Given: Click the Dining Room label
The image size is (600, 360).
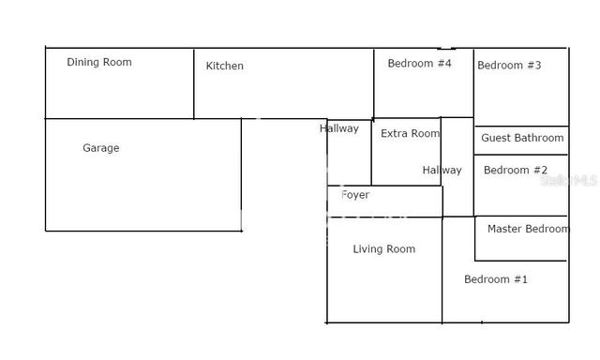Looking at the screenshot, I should pyautogui.click(x=99, y=63).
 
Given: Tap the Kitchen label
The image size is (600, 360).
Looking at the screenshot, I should pyautogui.click(x=225, y=66).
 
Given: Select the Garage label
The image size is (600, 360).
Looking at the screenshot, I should pyautogui.click(x=101, y=148).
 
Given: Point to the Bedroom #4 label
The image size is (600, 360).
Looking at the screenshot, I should pyautogui.click(x=420, y=63).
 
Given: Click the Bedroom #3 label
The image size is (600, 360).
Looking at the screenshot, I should pyautogui.click(x=509, y=66).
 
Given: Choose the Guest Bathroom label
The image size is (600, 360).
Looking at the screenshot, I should pyautogui.click(x=522, y=138).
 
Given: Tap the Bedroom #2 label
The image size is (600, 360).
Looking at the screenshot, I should pyautogui.click(x=516, y=170).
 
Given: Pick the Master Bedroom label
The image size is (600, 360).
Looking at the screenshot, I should pyautogui.click(x=528, y=229).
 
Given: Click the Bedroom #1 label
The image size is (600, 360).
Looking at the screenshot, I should pyautogui.click(x=496, y=279).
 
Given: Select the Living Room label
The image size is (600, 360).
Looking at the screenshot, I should pyautogui.click(x=383, y=249).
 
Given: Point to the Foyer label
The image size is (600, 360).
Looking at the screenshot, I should pyautogui.click(x=355, y=195).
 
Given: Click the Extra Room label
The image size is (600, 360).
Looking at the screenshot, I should pyautogui.click(x=410, y=134).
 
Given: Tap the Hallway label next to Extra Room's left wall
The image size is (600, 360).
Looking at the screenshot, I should pyautogui.click(x=338, y=128).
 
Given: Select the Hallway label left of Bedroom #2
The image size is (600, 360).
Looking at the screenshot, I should pyautogui.click(x=442, y=171).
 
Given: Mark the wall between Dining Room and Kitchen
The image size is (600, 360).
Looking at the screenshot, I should pyautogui.click(x=194, y=84).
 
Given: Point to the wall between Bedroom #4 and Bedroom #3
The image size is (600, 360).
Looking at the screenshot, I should pyautogui.click(x=473, y=84).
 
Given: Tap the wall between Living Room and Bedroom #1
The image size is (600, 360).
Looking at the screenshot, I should pyautogui.click(x=442, y=272).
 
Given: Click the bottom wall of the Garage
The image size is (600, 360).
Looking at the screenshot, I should pyautogui.click(x=141, y=231).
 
